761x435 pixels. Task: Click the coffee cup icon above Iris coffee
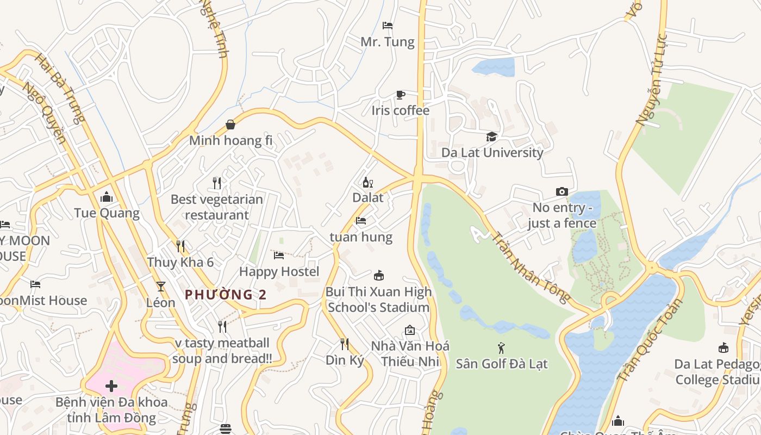pyautogui.click(x=400, y=95)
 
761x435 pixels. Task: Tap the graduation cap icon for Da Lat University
pyautogui.click(x=491, y=136)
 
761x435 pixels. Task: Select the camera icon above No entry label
pyautogui.click(x=562, y=191)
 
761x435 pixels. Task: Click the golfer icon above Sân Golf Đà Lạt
pyautogui.click(x=501, y=347)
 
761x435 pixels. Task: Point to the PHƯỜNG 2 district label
pyautogui.click(x=226, y=295)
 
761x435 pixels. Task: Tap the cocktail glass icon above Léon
pyautogui.click(x=160, y=286)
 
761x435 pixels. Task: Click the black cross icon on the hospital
pyautogui.click(x=111, y=386)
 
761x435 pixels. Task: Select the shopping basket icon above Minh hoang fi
pyautogui.click(x=230, y=125)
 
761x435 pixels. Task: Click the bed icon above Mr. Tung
pyautogui.click(x=388, y=26)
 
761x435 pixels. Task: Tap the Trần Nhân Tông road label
pyautogui.click(x=531, y=267)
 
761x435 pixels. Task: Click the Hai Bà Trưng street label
pyautogui.click(x=60, y=88)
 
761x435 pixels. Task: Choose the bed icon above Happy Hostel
pyautogui.click(x=279, y=255)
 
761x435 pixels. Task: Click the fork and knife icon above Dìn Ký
pyautogui.click(x=344, y=344)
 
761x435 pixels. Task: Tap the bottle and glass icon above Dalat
pyautogui.click(x=368, y=182)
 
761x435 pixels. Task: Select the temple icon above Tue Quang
pyautogui.click(x=107, y=196)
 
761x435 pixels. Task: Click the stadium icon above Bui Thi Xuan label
pyautogui.click(x=379, y=276)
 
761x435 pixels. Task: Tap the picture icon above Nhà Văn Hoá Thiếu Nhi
pyautogui.click(x=410, y=330)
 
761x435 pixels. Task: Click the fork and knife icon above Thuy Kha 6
pyautogui.click(x=180, y=246)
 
